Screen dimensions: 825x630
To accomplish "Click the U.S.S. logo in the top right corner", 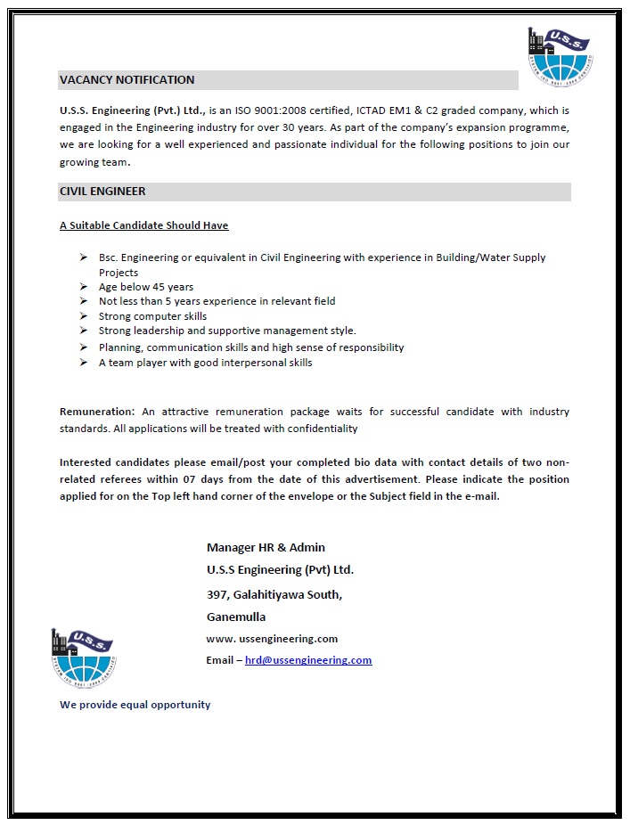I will pos(560,56).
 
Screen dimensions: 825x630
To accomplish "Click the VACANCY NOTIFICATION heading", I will pos(127,80).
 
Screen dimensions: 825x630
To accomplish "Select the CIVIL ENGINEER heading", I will pos(102,192).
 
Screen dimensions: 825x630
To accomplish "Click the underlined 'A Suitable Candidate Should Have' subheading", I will pos(144,225).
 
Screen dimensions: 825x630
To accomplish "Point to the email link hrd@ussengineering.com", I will pos(308,660).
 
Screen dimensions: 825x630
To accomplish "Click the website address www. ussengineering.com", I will pos(272,639).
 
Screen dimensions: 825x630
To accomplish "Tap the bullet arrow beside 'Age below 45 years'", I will pos(82,287).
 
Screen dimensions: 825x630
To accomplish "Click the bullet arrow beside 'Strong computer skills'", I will pos(82,316).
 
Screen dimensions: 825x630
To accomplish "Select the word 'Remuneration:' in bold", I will pos(97,412).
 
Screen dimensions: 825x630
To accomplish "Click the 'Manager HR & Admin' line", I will pos(266,547).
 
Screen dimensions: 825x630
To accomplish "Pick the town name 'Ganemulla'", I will pos(236,617).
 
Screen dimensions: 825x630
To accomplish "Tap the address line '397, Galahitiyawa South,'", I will pos(274,594).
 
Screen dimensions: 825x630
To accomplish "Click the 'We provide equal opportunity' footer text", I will pos(135,705).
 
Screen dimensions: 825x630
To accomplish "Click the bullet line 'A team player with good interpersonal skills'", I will pos(205,363).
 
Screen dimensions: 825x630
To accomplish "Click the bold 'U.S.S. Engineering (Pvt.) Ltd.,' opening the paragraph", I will pos(133,110).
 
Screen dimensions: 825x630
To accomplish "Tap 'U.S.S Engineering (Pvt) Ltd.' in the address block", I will pos(280,570).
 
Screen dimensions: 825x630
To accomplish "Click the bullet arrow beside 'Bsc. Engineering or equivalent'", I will pos(82,257).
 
